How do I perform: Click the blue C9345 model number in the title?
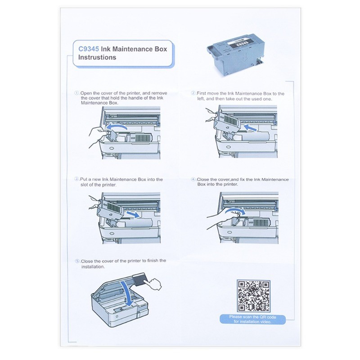pyautogui.click(x=88, y=49)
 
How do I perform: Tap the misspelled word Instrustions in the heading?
pyautogui.click(x=97, y=58)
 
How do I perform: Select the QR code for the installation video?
pyautogui.click(x=253, y=296)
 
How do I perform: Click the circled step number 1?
pyautogui.click(x=77, y=93)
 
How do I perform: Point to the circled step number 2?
pyautogui.click(x=193, y=93)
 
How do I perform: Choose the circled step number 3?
pyautogui.click(x=77, y=180)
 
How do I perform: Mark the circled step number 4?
pyautogui.click(x=193, y=180)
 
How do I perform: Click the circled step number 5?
pyautogui.click(x=77, y=261)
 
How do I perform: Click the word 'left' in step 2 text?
pyautogui.click(x=201, y=99)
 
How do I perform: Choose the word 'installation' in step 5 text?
pyautogui.click(x=93, y=266)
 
